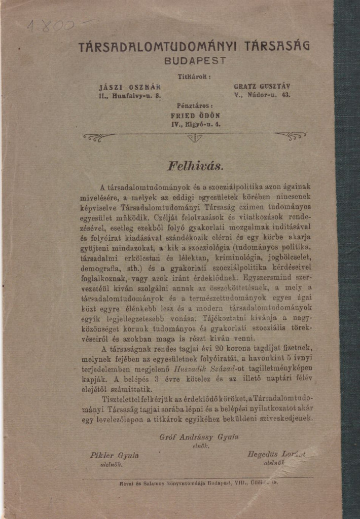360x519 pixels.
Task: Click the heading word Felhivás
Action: pyautogui.click(x=195, y=166)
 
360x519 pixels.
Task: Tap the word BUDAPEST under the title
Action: pyautogui.click(x=195, y=60)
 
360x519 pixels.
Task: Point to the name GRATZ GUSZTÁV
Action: pyautogui.click(x=262, y=86)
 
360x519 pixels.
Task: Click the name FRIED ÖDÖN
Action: pyautogui.click(x=195, y=115)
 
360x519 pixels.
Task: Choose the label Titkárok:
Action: pyautogui.click(x=194, y=77)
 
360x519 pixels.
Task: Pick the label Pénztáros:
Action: pyautogui.click(x=195, y=106)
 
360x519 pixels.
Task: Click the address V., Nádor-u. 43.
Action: pyautogui.click(x=262, y=95)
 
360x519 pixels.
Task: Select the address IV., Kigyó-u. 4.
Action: pyautogui.click(x=195, y=123)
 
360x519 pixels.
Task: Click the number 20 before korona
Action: pyautogui.click(x=220, y=348)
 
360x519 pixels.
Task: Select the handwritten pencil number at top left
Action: pyautogui.click(x=51, y=25)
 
